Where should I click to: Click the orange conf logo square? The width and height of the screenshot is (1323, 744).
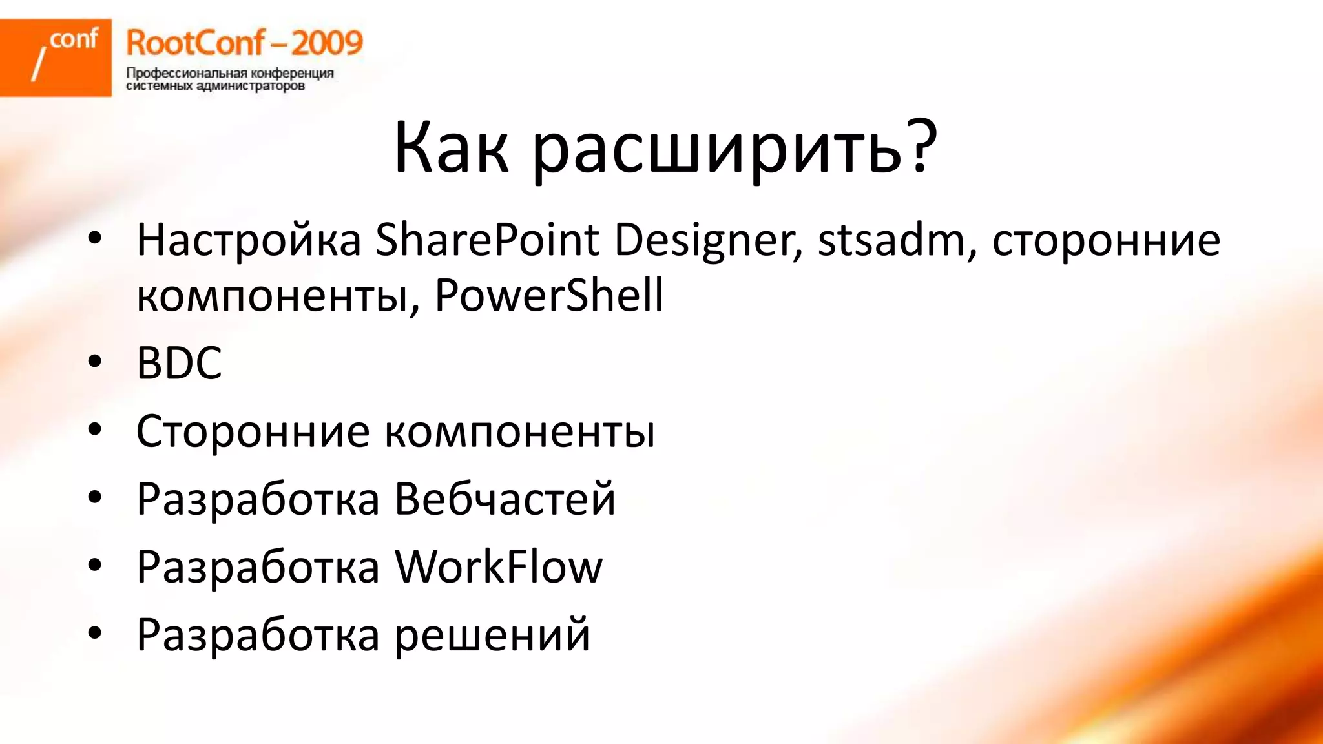tap(56, 57)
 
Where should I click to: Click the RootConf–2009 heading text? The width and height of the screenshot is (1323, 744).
tap(244, 43)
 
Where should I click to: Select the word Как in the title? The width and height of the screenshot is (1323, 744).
tap(451, 149)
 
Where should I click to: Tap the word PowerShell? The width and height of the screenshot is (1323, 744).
tap(548, 296)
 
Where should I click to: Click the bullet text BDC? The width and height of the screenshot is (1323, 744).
tap(179, 363)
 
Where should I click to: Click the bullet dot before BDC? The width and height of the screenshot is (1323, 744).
tap(95, 362)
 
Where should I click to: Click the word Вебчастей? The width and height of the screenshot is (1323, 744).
tap(505, 499)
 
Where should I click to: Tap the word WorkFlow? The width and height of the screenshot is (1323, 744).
tap(498, 567)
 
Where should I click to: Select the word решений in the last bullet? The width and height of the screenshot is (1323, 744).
tap(492, 635)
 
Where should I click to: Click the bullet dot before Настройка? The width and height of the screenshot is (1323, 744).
tap(95, 238)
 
